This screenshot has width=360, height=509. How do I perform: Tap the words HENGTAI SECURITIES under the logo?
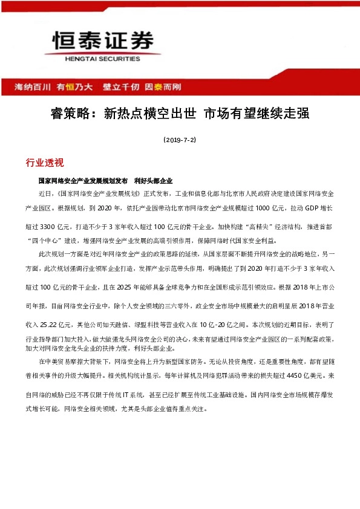[x=101, y=59]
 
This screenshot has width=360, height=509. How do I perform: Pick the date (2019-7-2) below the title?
[x=180, y=140]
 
